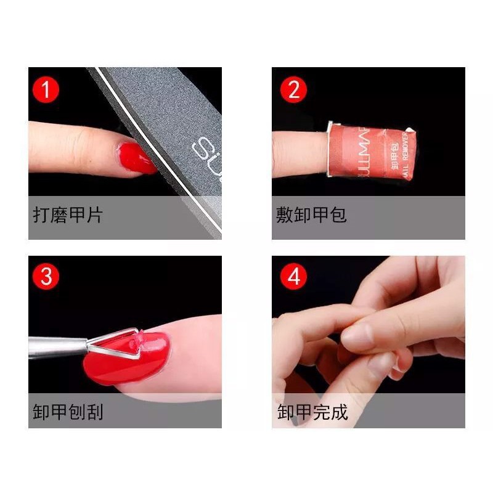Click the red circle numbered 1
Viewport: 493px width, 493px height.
point(46,90)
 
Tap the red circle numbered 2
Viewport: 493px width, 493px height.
point(293,90)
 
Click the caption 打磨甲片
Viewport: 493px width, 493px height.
point(68,216)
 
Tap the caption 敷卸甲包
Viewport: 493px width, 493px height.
point(311,216)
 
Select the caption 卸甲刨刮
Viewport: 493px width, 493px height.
point(68,412)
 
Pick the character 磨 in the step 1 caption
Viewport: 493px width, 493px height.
point(59,216)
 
